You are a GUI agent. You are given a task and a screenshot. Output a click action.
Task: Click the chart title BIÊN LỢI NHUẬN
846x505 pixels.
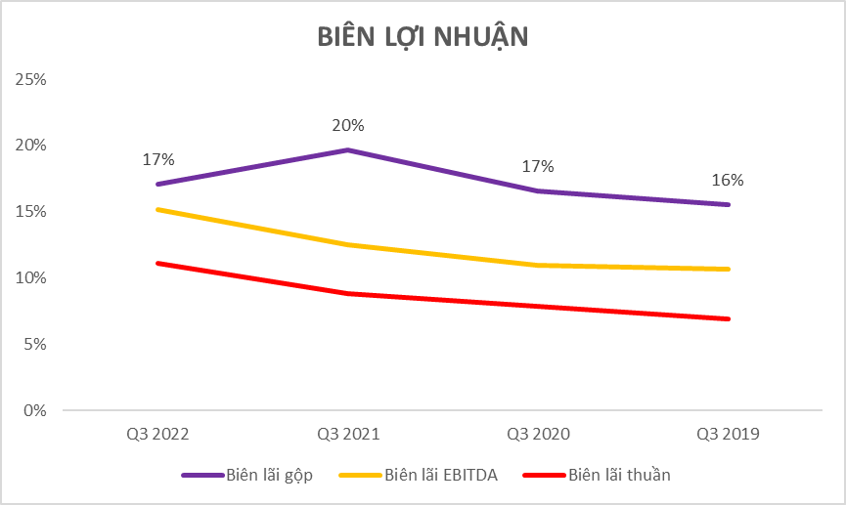pos(423,36)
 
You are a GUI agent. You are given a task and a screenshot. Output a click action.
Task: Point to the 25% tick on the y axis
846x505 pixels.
pos(31,79)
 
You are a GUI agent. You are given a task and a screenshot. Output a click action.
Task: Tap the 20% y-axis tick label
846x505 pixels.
pos(31,146)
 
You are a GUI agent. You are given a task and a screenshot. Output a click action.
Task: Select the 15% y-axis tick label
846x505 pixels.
pos(31,212)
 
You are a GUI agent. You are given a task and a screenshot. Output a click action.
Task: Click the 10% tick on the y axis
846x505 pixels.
pos(31,278)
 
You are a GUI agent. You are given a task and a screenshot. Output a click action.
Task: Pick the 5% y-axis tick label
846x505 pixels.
pos(34,344)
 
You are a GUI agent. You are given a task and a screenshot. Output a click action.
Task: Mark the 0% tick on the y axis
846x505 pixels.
pos(34,410)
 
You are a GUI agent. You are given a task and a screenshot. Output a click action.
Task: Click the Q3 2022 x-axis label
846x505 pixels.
pos(156,434)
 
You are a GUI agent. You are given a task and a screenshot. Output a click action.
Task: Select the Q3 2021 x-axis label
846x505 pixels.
pos(348,434)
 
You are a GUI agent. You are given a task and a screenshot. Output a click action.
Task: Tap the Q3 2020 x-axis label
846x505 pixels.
pos(538,434)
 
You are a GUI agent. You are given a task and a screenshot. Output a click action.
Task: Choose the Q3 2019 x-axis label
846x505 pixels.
pos(729,434)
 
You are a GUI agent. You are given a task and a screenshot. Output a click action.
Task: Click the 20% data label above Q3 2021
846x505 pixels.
pos(348,125)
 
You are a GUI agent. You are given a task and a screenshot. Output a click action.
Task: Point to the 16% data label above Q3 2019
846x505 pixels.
pos(729,180)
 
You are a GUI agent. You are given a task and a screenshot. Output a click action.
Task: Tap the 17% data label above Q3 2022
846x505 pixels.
pos(157,159)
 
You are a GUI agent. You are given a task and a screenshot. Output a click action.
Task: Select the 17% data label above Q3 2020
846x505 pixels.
pos(538,166)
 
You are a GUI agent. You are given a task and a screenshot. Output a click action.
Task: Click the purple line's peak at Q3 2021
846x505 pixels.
pos(348,149)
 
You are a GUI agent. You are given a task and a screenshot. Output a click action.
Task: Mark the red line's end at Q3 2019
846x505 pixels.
pos(729,318)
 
